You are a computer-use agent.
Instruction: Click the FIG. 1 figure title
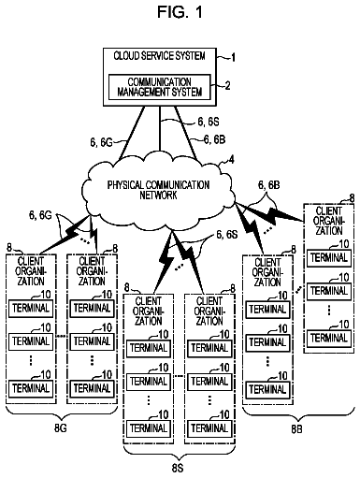pyautogui.click(x=180, y=12)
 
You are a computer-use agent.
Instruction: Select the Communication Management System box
pyautogui.click(x=159, y=87)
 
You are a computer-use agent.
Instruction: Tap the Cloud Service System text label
pyautogui.click(x=159, y=56)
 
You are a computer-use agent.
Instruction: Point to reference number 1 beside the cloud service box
pyautogui.click(x=233, y=58)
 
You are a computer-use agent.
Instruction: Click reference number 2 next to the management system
pyautogui.click(x=227, y=86)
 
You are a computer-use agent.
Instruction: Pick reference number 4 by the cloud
pyautogui.click(x=231, y=159)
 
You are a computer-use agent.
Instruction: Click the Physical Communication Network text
pyautogui.click(x=158, y=190)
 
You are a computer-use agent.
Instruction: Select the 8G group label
pyautogui.click(x=61, y=427)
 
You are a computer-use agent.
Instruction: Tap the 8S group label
pyautogui.click(x=178, y=468)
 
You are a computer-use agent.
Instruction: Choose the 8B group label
pyautogui.click(x=296, y=429)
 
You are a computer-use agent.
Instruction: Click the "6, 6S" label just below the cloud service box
pyautogui.click(x=209, y=122)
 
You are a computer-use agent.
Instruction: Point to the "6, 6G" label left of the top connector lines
pyautogui.click(x=101, y=142)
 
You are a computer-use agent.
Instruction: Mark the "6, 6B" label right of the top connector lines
pyautogui.click(x=214, y=139)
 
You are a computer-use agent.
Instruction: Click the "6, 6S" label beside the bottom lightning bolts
pyautogui.click(x=227, y=235)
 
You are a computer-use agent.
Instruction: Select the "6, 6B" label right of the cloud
pyautogui.click(x=268, y=185)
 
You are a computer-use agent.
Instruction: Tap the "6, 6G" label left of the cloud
pyautogui.click(x=40, y=215)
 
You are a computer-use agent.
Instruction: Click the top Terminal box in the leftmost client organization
pyautogui.click(x=31, y=308)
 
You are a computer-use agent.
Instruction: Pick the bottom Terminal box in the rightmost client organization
pyautogui.click(x=329, y=338)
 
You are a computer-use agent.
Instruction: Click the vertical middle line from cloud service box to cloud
pyautogui.click(x=160, y=130)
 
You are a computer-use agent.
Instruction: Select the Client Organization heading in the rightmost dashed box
pyautogui.click(x=329, y=221)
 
